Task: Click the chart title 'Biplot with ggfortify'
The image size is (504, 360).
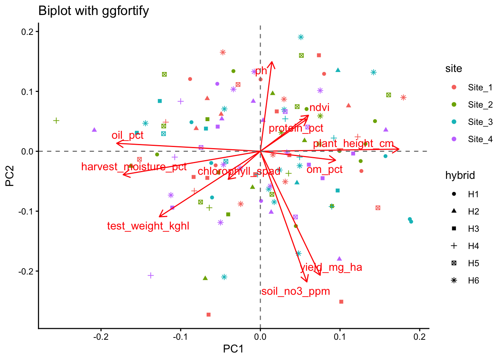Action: point(94,11)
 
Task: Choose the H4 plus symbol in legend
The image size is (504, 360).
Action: point(454,246)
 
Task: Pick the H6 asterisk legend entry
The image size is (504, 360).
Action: point(454,280)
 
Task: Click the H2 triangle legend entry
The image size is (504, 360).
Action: point(454,211)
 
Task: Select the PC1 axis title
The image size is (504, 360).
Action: point(233,349)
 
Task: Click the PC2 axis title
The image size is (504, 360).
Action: point(9,176)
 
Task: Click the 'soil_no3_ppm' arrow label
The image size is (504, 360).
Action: point(295,291)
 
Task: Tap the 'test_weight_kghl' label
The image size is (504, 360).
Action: point(148,226)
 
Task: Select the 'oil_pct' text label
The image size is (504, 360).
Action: point(127,135)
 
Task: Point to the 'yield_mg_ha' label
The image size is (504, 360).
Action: point(331,267)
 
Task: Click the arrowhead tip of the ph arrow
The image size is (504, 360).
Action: point(271,62)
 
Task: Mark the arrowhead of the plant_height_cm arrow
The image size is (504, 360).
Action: point(399,149)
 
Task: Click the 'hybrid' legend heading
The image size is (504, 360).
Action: point(460,175)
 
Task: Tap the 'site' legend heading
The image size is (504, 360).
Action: point(453,69)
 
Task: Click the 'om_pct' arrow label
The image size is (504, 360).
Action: point(324,169)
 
